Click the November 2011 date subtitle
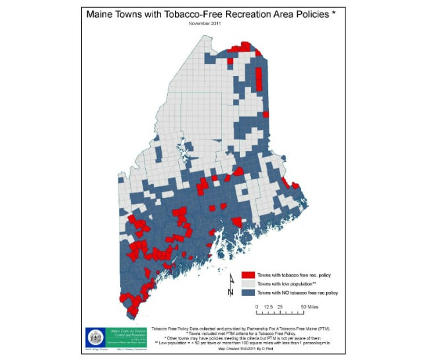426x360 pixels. [205, 23]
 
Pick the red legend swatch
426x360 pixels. [247, 274]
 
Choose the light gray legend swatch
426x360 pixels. [247, 283]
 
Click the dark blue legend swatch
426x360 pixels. [247, 292]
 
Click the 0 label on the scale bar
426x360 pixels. [256, 307]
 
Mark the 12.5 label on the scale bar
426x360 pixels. [267, 307]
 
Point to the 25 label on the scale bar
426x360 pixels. [279, 307]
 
